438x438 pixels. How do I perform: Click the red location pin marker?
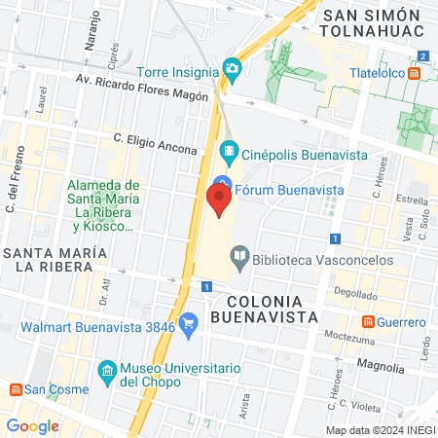[x=219, y=201]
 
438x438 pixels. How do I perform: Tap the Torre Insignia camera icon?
[x=232, y=68]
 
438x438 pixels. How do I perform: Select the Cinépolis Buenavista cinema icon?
[x=229, y=150]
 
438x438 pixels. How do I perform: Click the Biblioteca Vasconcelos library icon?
[x=238, y=259]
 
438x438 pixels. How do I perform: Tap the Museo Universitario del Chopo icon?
[x=108, y=371]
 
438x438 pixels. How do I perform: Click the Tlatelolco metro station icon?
[x=415, y=73]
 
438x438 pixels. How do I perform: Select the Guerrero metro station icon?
[x=369, y=321]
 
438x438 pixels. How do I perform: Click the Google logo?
[x=32, y=425]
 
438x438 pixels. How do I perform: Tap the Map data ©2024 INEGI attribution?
[x=380, y=430]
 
